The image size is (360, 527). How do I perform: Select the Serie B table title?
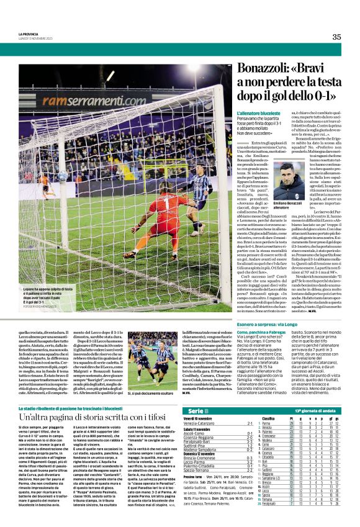tap(195, 412)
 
